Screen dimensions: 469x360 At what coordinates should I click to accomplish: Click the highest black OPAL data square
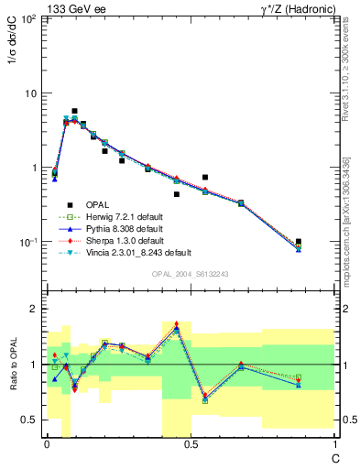tap(74, 111)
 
